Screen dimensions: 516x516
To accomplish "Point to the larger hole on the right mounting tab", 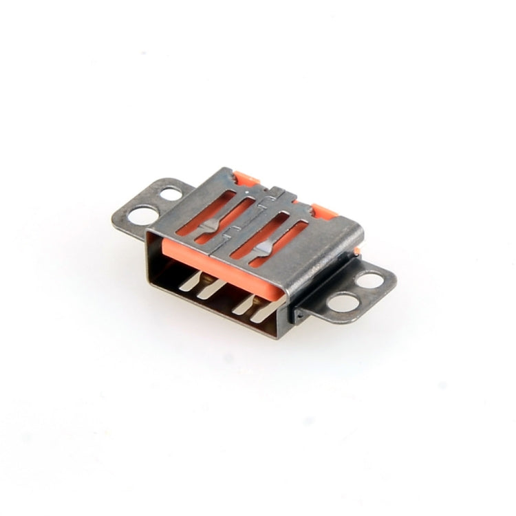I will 342,301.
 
